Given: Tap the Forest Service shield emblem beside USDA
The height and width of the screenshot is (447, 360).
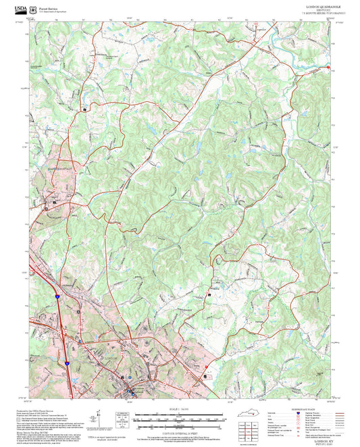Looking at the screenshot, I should click(33, 7).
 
